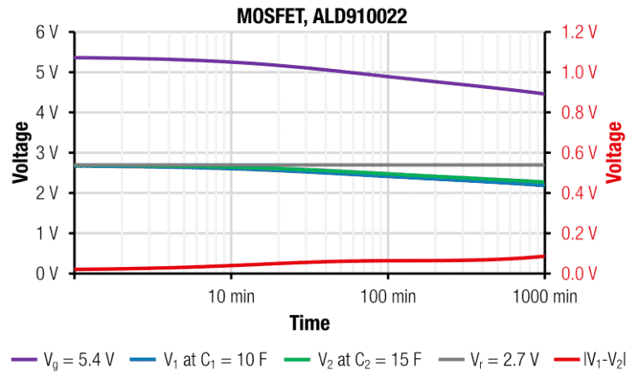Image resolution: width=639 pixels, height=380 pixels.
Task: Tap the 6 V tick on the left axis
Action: coord(47,32)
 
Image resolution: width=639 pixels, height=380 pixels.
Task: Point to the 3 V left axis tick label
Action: coord(47,152)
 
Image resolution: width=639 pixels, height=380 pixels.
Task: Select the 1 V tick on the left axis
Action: coord(47,233)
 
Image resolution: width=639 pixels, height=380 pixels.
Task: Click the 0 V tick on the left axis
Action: coord(47,274)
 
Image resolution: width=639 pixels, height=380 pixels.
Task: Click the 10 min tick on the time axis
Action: coord(230,295)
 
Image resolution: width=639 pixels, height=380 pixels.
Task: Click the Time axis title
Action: coord(310,323)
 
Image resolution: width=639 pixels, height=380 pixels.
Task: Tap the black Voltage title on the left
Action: coord(20,152)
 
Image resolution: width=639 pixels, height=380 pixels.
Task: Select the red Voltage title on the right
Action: coord(616,152)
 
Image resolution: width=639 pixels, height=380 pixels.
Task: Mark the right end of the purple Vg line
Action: coord(543,94)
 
